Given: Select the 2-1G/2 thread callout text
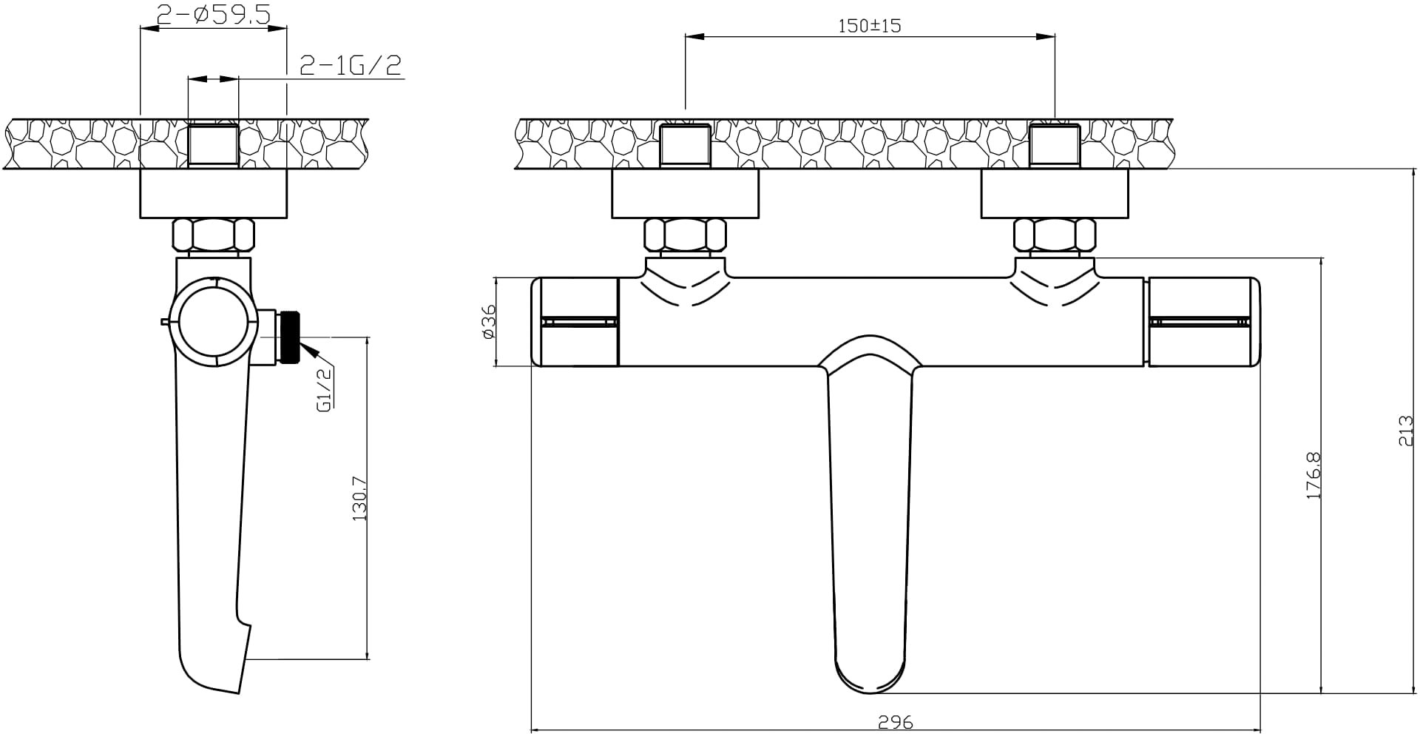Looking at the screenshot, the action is [x=351, y=66].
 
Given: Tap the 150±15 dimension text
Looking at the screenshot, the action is [x=870, y=25].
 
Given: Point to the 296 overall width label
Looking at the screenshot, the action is [x=896, y=722].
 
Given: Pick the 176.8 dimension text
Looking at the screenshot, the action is [x=1313, y=475].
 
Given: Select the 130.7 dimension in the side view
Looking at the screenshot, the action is [x=360, y=498].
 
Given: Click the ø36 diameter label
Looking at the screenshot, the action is [x=488, y=321].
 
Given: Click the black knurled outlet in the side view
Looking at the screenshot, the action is [x=288, y=337].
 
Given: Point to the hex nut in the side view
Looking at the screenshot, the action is [x=213, y=235].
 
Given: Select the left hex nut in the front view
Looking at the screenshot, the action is [x=685, y=235].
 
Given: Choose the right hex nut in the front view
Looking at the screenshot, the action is [x=1054, y=235].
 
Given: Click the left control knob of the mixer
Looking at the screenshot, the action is [x=575, y=322].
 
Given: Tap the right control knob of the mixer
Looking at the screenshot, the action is [x=1204, y=322].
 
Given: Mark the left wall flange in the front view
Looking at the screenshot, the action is [x=685, y=194].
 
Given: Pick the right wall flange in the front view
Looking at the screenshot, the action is [x=1055, y=194].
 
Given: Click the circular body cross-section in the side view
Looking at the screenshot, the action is [x=213, y=322].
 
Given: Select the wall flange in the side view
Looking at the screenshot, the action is [x=213, y=194].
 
